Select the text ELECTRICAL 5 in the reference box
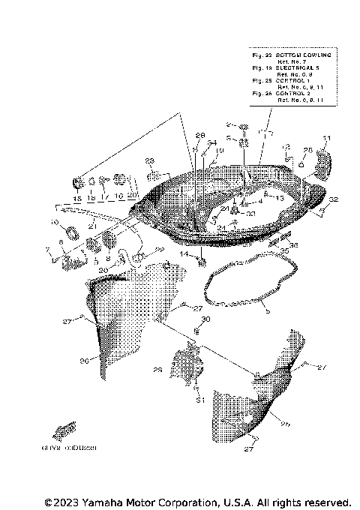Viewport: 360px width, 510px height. tap(293, 68)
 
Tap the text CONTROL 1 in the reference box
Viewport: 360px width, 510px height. tap(291, 79)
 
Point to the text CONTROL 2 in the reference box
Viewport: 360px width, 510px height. tap(291, 93)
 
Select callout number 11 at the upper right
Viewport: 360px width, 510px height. tap(326, 139)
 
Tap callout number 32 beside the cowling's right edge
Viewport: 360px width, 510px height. tap(334, 199)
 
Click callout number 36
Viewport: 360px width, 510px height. tap(293, 244)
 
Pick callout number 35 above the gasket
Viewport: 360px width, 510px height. tap(284, 251)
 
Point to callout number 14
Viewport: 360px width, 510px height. tap(183, 254)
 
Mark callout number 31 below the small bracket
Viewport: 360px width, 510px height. tap(199, 401)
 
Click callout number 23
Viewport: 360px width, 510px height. tap(149, 161)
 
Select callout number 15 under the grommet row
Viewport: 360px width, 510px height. tap(76, 199)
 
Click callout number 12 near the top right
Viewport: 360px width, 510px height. tap(286, 147)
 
